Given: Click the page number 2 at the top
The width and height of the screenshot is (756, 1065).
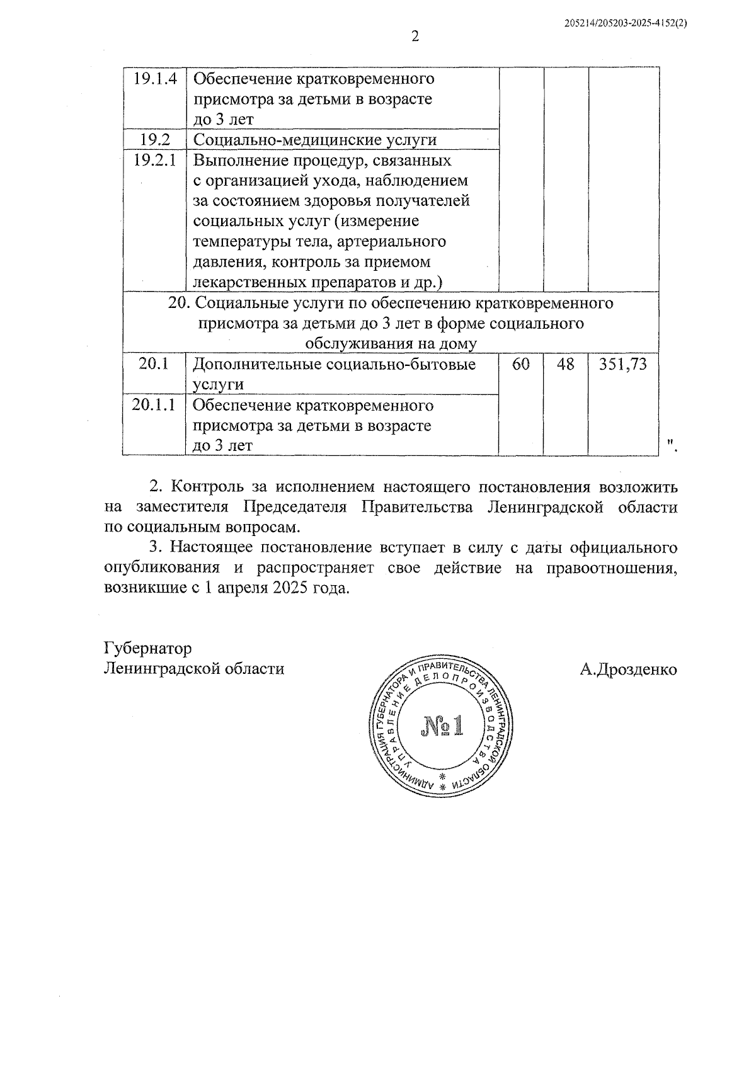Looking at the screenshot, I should click(x=415, y=37).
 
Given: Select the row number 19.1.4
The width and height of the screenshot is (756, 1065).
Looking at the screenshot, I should click(x=154, y=79).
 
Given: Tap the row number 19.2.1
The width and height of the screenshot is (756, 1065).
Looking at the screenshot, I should click(x=154, y=160).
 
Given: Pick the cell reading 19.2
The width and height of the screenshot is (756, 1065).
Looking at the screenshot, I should click(x=154, y=139).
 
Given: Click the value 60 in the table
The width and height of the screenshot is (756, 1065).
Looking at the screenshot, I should click(x=520, y=364).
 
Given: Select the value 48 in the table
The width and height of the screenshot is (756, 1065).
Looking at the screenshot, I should click(x=566, y=364).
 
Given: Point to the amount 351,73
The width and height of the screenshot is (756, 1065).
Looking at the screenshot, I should click(x=623, y=364).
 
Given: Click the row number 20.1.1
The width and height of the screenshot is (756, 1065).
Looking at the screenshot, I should click(x=154, y=405).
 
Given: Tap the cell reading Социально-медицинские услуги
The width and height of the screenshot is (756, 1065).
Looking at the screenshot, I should click(x=314, y=139).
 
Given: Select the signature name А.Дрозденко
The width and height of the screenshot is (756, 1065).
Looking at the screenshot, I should click(x=629, y=669).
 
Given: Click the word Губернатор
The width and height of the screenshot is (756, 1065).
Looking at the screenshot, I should click(x=148, y=648).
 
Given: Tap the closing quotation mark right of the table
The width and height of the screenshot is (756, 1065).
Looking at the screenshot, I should click(x=672, y=447).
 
